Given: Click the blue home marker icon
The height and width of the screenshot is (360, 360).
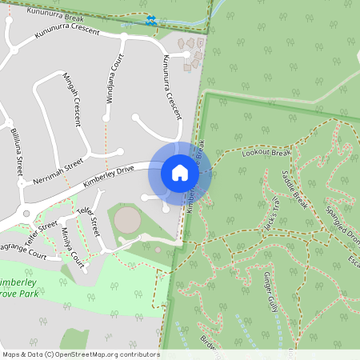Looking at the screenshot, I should point(179,172).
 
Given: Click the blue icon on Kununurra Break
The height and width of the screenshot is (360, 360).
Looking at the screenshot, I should point(151,21).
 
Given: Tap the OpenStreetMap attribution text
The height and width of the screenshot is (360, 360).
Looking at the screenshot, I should point(80,354).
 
